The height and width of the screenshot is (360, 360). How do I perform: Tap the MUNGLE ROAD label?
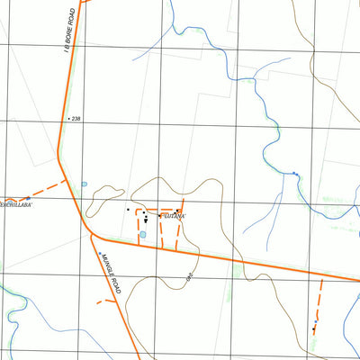[111, 273]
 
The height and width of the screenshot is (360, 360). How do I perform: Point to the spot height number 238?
[76, 118]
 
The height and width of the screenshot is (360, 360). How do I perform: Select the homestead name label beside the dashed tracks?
[173, 216]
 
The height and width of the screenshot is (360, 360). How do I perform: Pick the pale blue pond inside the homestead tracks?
[142, 235]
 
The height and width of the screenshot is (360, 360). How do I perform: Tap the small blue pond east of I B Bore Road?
[84, 184]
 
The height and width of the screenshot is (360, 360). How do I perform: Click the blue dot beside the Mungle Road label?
[100, 255]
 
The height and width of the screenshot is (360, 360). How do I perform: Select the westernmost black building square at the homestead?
[128, 210]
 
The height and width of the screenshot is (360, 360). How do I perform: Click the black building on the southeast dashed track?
[313, 328]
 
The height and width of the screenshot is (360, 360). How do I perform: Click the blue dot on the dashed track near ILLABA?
[30, 197]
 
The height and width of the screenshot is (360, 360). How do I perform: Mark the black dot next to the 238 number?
[67, 118]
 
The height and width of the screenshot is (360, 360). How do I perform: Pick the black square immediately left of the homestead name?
[160, 216]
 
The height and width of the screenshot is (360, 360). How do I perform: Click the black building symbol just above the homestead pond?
[144, 219]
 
